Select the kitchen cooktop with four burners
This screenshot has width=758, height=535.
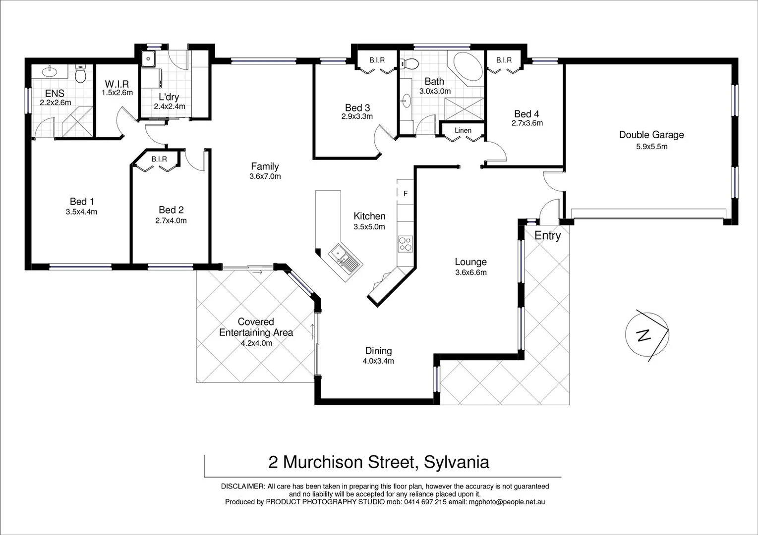coord(405,244)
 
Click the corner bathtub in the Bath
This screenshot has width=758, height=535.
coord(465,68)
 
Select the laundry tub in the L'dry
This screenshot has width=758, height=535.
coord(148,59)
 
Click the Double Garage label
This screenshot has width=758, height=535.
coord(651,135)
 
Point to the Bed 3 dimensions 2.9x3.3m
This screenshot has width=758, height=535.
coord(357,117)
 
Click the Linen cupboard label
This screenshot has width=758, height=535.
coord(463,130)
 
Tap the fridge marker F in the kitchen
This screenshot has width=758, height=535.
coord(405,194)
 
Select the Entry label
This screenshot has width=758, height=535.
coord(547,236)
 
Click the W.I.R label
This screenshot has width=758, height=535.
coord(117,85)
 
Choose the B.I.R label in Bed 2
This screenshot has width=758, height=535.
coord(159,159)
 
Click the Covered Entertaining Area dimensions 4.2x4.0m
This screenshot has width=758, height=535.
coord(256,343)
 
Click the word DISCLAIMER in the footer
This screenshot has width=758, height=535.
coord(242,486)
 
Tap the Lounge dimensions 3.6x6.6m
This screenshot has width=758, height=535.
coord(471,272)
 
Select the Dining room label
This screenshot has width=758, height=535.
coord(378,351)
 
